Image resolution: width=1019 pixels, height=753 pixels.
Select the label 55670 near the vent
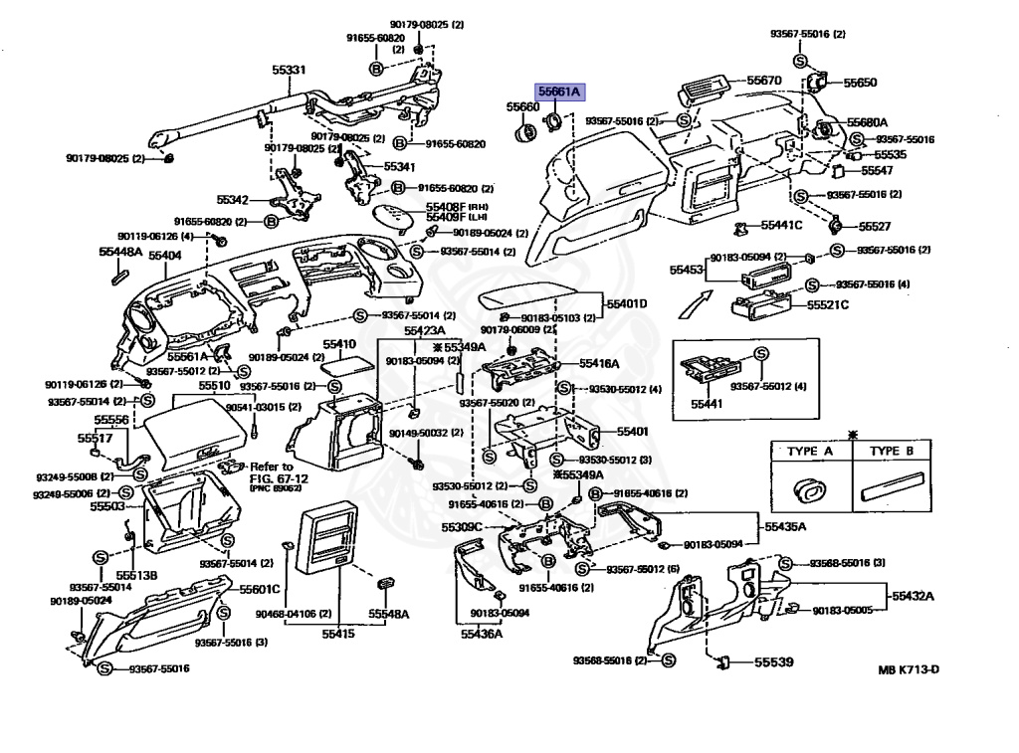764,81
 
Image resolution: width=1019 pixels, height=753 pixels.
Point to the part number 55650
861,83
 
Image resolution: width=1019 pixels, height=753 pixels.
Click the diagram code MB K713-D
908,669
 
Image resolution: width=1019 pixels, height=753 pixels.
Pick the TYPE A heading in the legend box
810,452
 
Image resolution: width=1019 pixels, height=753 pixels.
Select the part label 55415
338,633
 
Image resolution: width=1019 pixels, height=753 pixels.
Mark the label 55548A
389,615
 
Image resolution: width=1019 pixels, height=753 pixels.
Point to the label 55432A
913,596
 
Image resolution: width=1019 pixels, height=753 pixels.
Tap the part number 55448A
119,254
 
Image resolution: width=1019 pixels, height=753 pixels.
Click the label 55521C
828,304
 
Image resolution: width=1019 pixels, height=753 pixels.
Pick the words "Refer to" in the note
272,467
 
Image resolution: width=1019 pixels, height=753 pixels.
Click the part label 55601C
260,589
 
